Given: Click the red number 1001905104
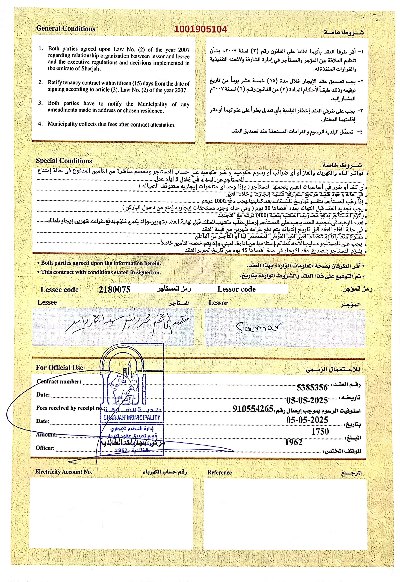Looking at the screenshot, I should pyautogui.click(x=200, y=29).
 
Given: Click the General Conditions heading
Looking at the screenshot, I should pyautogui.click(x=66, y=29).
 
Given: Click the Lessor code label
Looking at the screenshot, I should pyautogui.click(x=236, y=289).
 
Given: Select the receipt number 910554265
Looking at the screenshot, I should pyautogui.click(x=253, y=408).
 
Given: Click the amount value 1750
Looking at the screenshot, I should pyautogui.click(x=320, y=432).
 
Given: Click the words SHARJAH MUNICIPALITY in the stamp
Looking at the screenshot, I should pyautogui.click(x=132, y=417).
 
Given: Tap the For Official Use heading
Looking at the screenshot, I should pyautogui.click(x=59, y=368).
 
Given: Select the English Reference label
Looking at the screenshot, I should pyautogui.click(x=220, y=472).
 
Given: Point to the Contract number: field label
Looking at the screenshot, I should pyautogui.click(x=59, y=381).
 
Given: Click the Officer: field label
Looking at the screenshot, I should pyautogui.click(x=45, y=448).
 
